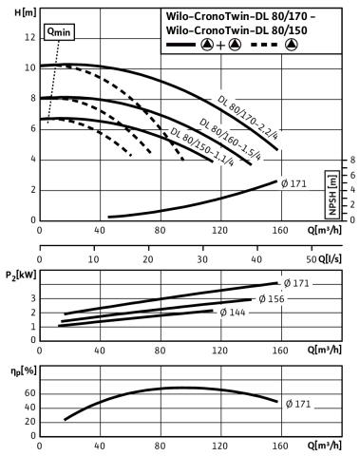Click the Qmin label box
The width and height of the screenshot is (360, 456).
(x=59, y=32)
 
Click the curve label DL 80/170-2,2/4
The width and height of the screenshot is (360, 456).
(x=248, y=118)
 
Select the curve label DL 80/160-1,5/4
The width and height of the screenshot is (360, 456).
(x=231, y=139)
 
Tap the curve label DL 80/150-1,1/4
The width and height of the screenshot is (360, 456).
(x=202, y=146)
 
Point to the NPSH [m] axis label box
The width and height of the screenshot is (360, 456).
(x=332, y=195)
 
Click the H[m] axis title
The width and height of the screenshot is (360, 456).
(x=26, y=13)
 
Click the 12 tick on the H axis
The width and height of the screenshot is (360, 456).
(x=30, y=37)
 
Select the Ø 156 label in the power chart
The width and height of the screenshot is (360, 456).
(x=272, y=299)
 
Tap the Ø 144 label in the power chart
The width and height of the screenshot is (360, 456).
(x=233, y=313)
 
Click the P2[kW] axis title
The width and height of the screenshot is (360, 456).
(x=21, y=275)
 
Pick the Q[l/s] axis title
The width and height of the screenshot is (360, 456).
(x=330, y=259)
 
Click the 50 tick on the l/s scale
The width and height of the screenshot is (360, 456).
(x=312, y=259)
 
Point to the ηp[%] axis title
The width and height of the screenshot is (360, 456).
(x=24, y=370)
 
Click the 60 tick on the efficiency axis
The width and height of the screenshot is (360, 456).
(x=30, y=393)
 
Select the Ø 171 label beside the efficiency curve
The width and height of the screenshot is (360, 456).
(x=298, y=404)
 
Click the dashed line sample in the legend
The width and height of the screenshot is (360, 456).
(x=264, y=45)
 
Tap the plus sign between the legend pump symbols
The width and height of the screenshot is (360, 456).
(x=220, y=46)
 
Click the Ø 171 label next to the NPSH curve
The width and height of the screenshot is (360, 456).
(x=294, y=183)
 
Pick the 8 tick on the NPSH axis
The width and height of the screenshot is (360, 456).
(x=352, y=161)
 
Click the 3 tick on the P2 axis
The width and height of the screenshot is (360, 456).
(x=33, y=299)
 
